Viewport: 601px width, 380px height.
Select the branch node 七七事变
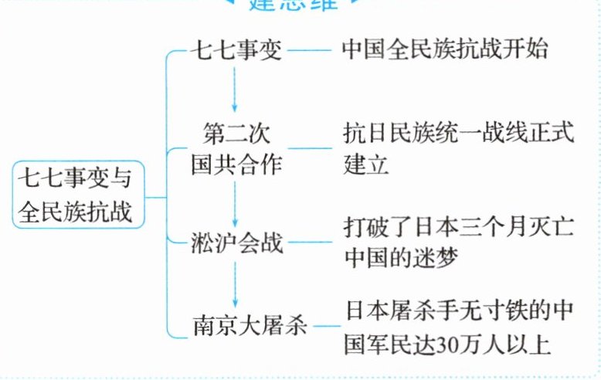point(238,51)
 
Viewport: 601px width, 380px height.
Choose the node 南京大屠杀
point(249,324)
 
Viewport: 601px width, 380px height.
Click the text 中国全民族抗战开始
point(445,50)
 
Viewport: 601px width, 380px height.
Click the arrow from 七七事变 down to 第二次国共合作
point(236,87)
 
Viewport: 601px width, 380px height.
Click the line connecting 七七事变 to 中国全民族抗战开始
point(310,52)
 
